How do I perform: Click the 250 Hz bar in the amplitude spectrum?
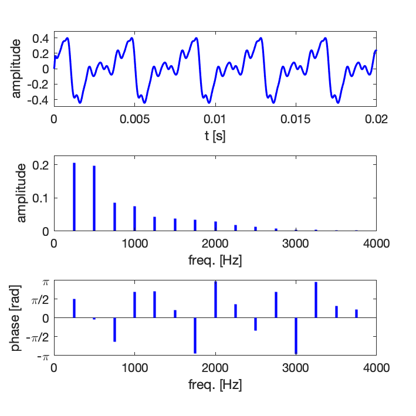click(75, 197)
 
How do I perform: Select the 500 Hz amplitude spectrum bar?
click(94, 198)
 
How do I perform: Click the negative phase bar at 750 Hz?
click(114, 329)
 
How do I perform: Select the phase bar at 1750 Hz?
click(195, 335)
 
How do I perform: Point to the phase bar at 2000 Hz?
click(215, 300)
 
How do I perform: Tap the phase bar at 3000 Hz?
click(296, 336)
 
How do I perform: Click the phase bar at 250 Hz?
click(75, 309)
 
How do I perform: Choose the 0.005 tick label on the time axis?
click(134, 118)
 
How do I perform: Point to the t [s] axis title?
click(215, 136)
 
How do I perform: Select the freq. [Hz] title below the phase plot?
click(215, 385)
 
